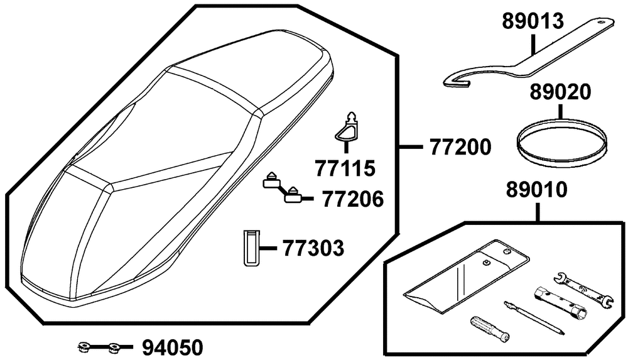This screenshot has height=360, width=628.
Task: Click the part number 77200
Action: pyautogui.click(x=460, y=148)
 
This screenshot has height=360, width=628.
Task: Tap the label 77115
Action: pyautogui.click(x=345, y=168)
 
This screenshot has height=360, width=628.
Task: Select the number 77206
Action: pyautogui.click(x=352, y=199)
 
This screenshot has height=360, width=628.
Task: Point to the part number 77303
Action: pyautogui.click(x=313, y=248)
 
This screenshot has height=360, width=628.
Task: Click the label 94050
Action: pyautogui.click(x=173, y=348)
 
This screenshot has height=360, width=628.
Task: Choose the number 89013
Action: pyautogui.click(x=533, y=21)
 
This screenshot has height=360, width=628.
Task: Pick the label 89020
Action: pyautogui.click(x=560, y=92)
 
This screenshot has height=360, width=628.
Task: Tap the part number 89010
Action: pyautogui.click(x=537, y=190)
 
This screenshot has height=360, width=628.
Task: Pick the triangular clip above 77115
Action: pyautogui.click(x=347, y=128)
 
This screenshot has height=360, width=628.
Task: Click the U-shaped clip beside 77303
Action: pyautogui.click(x=251, y=248)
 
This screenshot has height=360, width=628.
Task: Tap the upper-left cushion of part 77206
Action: pyautogui.click(x=272, y=181)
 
